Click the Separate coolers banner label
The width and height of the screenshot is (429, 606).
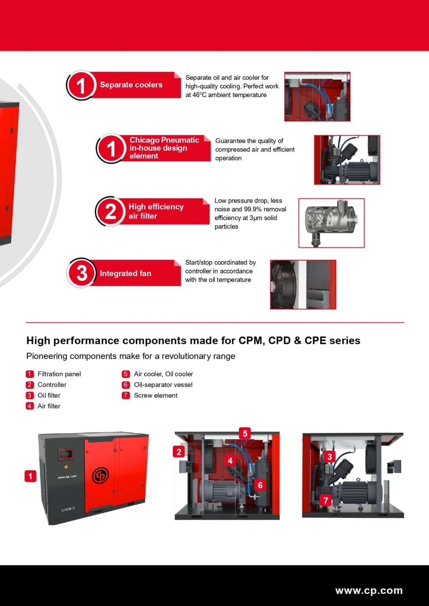pos(131,85)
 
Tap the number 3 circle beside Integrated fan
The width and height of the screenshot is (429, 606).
pos(81,273)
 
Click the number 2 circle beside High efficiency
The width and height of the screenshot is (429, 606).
pos(111,211)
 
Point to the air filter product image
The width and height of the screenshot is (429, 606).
pos(331,223)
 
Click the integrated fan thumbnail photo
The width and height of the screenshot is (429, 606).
pos(303,284)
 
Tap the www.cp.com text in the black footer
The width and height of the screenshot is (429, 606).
pos(369,591)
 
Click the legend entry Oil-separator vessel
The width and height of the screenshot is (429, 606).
pos(163,385)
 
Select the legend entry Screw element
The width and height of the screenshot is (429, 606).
pos(155,395)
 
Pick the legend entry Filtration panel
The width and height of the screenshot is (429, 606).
pos(59,374)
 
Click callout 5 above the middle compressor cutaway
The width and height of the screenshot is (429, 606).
pos(245,434)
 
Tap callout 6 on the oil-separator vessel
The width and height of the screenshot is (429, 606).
pos(260,485)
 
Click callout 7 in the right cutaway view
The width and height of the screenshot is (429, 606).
pos(326,501)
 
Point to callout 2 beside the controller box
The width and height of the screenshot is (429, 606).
pos(179,452)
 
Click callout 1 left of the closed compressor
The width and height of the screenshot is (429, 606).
pos(30,476)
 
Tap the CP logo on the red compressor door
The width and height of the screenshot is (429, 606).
pos(100,475)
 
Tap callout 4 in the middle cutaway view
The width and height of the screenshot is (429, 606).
pos(230,460)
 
